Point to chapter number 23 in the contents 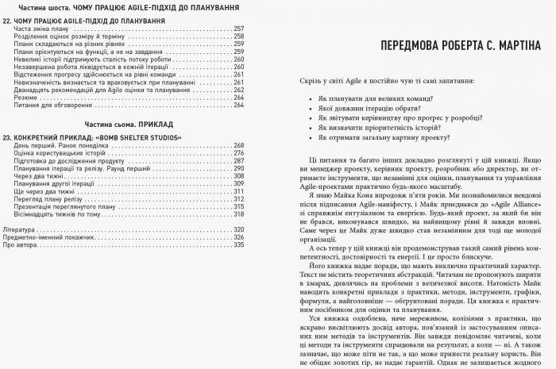coord(7,136)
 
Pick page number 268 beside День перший coord(238,145)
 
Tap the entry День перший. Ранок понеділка coord(60,145)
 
